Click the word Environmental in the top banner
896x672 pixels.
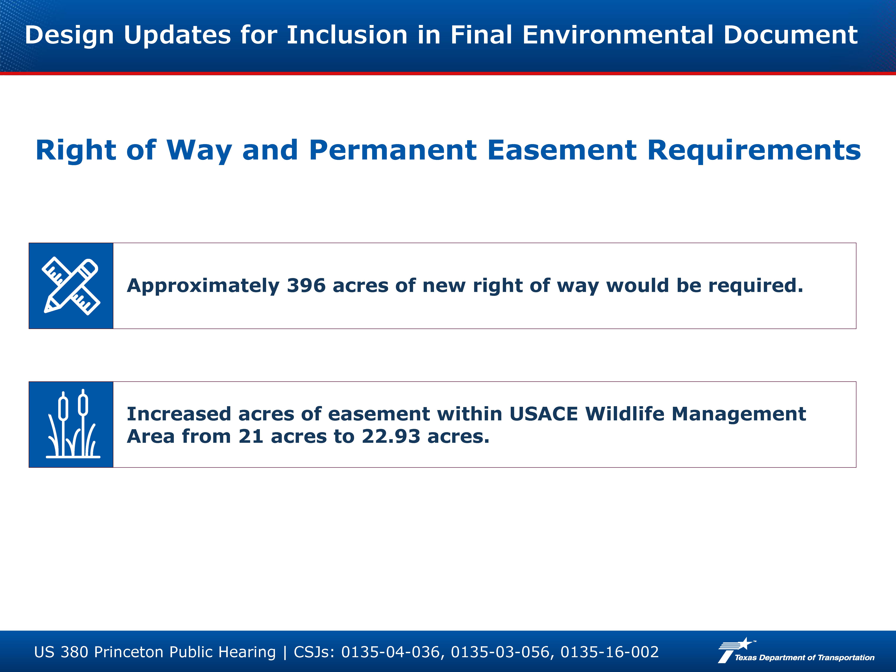[x=618, y=35]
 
